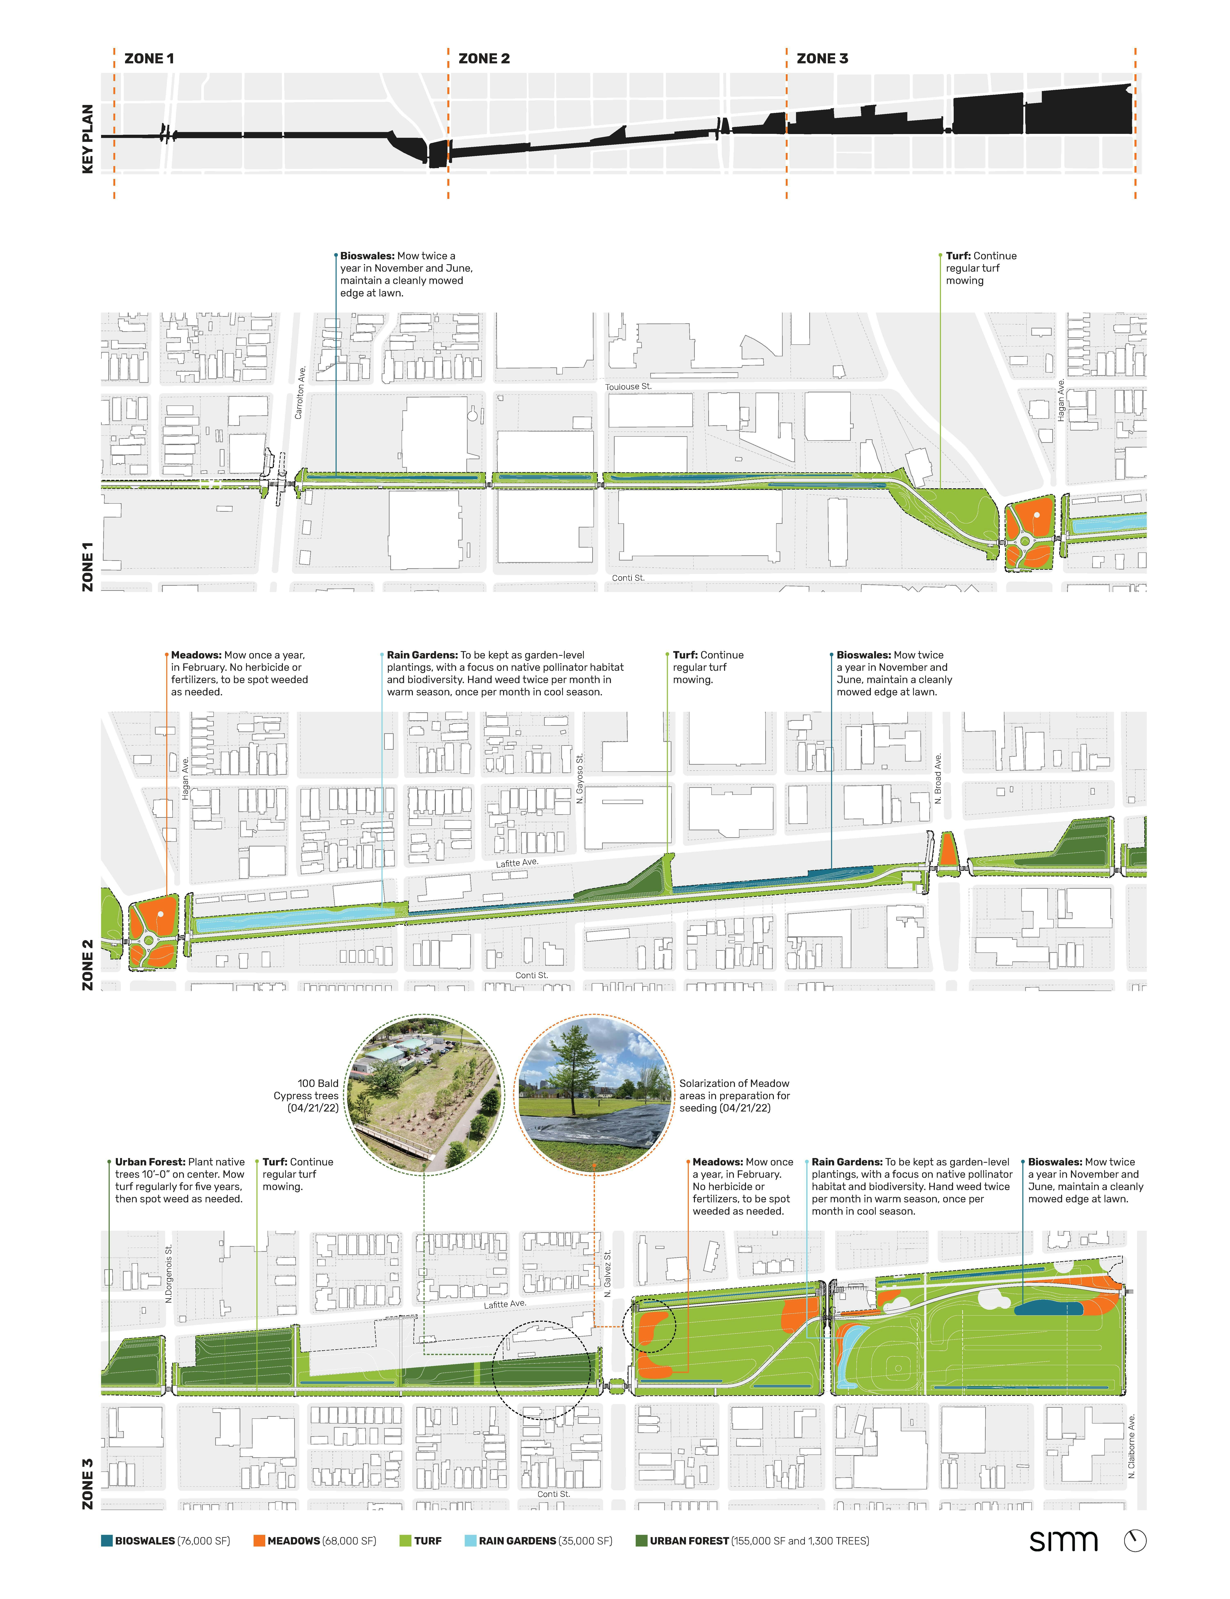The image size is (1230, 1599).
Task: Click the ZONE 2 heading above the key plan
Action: (484, 59)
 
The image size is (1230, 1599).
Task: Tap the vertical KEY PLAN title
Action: (88, 139)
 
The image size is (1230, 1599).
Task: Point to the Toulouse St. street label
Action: (628, 387)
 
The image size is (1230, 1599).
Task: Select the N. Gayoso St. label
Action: (580, 779)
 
